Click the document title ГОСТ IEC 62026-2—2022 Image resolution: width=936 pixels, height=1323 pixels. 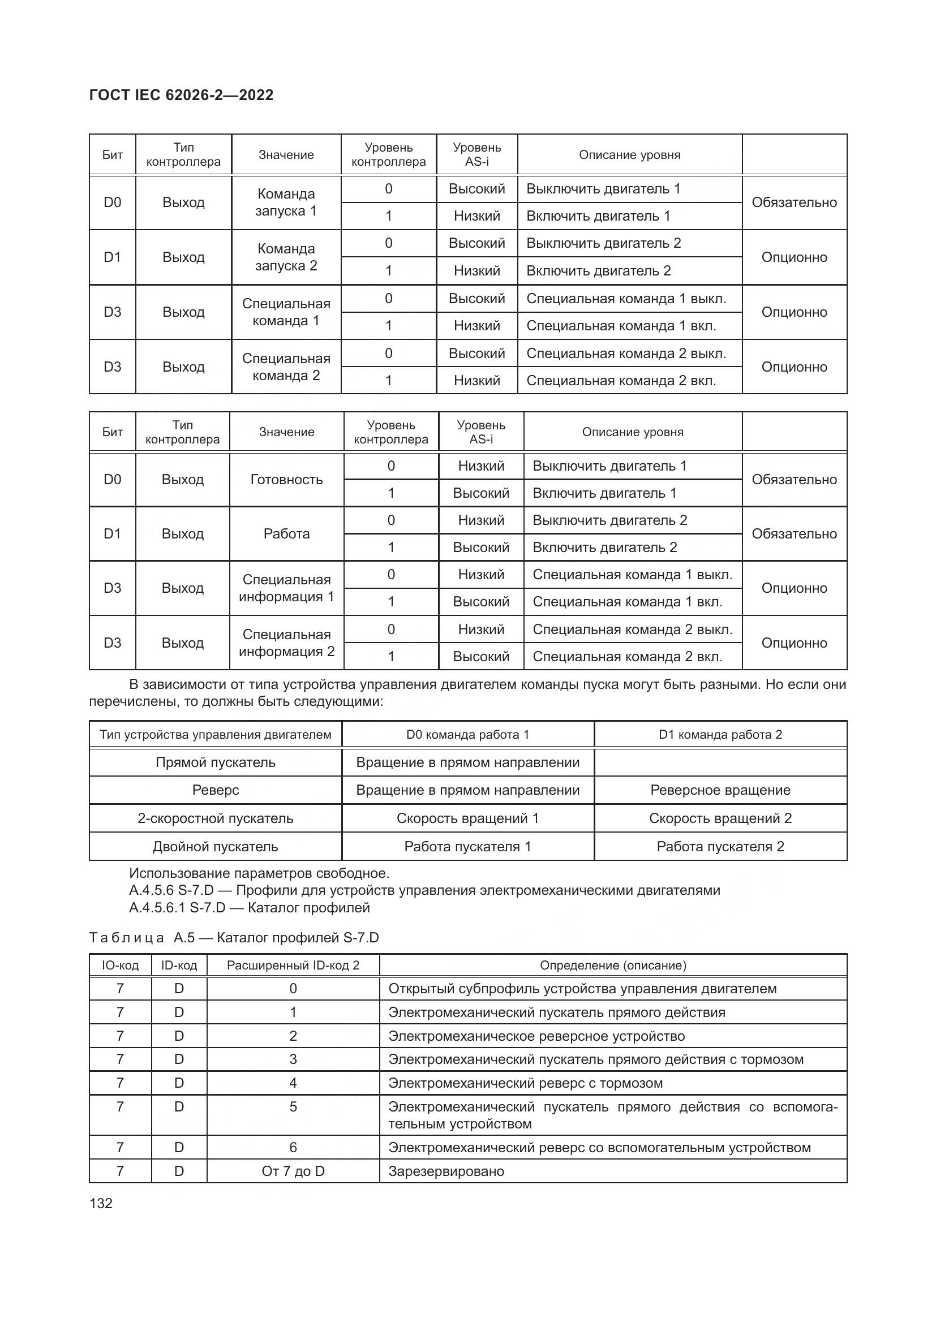pyautogui.click(x=182, y=95)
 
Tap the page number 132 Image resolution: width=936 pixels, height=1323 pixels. pyautogui.click(x=101, y=1203)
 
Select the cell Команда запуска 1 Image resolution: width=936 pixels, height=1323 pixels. pyautogui.click(x=286, y=202)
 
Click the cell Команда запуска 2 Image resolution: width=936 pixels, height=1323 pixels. pyautogui.click(x=286, y=257)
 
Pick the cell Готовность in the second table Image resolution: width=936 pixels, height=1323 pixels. pyautogui.click(x=286, y=480)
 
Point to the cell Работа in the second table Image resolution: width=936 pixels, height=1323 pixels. pyautogui.click(x=286, y=533)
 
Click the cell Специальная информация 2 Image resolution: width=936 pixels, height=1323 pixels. pyautogui.click(x=286, y=643)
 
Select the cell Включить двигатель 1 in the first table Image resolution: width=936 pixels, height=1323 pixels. pyautogui.click(x=598, y=216)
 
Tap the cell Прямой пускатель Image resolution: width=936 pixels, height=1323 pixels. pyautogui.click(x=216, y=762)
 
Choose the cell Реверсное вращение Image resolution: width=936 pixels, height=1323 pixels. pyautogui.click(x=720, y=790)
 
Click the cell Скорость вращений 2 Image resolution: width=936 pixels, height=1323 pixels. pyautogui.click(x=720, y=818)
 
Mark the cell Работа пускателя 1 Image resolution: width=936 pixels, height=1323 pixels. pyautogui.click(x=467, y=847)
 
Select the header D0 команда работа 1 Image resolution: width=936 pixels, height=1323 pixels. pyautogui.click(x=467, y=735)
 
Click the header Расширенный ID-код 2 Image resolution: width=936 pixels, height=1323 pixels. pyautogui.click(x=293, y=965)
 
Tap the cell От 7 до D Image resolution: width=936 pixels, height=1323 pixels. pyautogui.click(x=293, y=1171)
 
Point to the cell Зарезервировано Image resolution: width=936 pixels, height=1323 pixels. pyautogui.click(x=446, y=1171)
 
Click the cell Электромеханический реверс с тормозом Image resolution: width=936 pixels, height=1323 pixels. pyautogui.click(x=525, y=1083)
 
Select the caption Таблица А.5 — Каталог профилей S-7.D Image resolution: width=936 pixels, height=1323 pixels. pyautogui.click(x=234, y=937)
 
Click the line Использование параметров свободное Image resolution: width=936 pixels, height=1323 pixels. pyautogui.click(x=259, y=873)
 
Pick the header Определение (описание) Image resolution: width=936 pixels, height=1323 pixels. pyautogui.click(x=613, y=965)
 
